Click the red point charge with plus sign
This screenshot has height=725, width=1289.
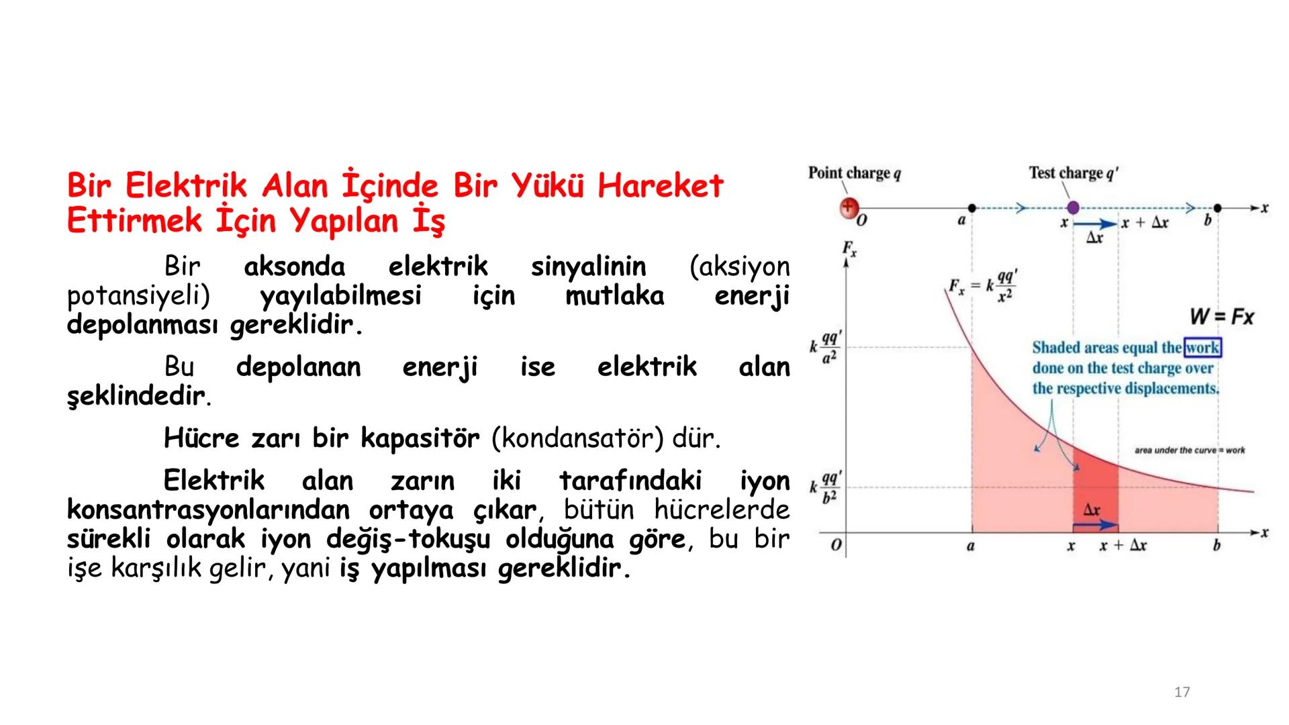pos(849,207)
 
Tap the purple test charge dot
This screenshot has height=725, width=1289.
pos(1073,208)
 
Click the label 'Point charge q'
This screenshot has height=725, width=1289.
pos(854,173)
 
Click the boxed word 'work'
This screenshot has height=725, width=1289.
pos(1202,348)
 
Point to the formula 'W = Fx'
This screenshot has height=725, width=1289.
pos(1221,317)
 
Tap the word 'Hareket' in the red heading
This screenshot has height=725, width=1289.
pos(660,186)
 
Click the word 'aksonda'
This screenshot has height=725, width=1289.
pos(294,267)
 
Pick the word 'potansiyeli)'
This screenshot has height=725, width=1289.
pos(138,296)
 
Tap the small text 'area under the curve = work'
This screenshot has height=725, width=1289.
pos(1189,450)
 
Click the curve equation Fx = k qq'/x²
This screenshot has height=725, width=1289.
pos(983,287)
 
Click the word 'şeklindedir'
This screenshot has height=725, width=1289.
pos(135,397)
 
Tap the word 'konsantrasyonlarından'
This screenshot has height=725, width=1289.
pos(208,510)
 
